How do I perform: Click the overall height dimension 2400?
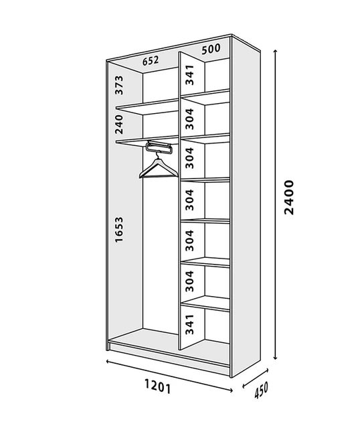tap(289, 198)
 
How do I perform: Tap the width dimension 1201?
tap(157, 386)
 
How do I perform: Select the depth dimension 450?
tap(261, 390)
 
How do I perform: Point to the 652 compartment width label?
tap(151, 60)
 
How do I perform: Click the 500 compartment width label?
tap(211, 49)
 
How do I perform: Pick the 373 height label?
tap(119, 85)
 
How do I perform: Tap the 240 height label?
tap(119, 125)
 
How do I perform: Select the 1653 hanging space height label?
tap(119, 230)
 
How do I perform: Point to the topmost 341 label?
tap(189, 75)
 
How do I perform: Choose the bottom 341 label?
tap(189, 324)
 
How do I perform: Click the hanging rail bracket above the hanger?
tap(159, 147)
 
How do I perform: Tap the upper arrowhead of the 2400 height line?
tap(275, 51)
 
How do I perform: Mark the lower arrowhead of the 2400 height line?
tap(275, 358)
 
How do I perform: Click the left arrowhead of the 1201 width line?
tap(108, 361)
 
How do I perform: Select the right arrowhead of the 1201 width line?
tap(232, 390)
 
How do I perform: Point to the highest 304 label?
tap(189, 119)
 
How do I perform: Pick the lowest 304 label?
tap(189, 281)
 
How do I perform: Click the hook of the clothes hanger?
tap(158, 155)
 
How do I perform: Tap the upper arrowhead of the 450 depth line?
tap(267, 370)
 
